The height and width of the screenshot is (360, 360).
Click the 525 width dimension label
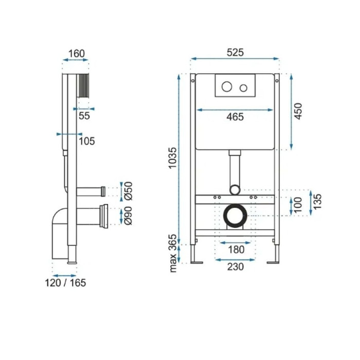click(235, 52)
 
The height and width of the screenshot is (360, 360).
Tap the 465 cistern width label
click(235, 117)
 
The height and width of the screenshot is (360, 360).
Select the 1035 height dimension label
click(173, 158)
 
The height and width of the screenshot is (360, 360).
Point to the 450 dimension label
click(298, 112)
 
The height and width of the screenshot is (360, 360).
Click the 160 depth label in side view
click(77, 53)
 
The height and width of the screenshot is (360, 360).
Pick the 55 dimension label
click(84, 116)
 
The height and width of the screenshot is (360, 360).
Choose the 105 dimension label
click(87, 141)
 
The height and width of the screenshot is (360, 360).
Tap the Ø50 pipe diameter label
click(128, 191)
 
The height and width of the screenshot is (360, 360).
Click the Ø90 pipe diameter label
click(128, 215)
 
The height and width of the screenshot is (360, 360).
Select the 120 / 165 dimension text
click(65, 283)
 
